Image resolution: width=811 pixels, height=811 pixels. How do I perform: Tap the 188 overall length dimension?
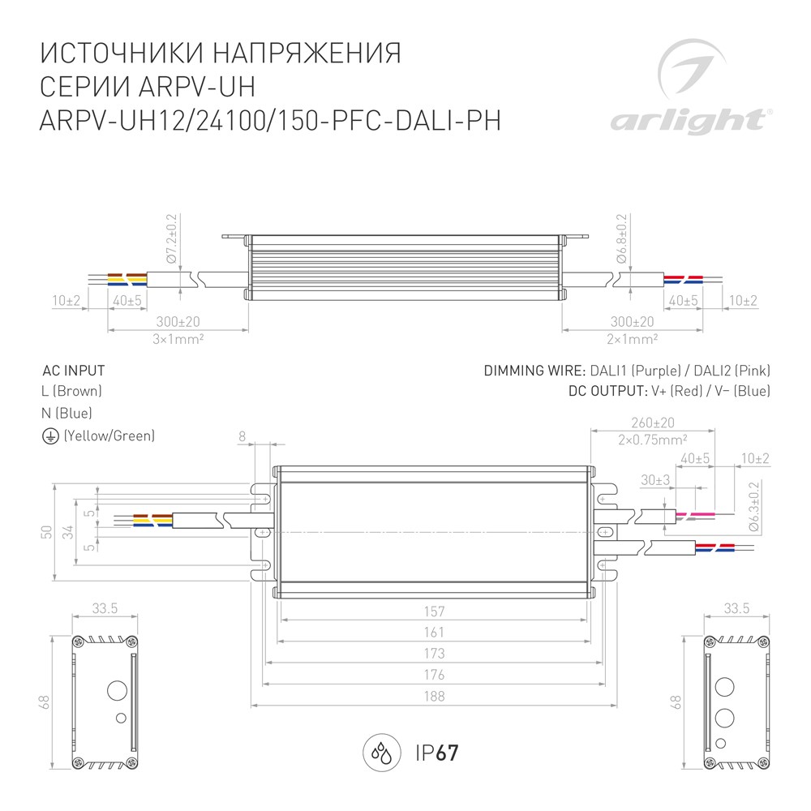434,696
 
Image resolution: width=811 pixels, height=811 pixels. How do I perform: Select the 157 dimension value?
434,611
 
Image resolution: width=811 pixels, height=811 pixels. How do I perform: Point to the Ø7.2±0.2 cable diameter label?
172,238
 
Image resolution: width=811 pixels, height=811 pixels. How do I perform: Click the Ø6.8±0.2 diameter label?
622,238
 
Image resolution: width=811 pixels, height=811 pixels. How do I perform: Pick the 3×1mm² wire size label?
178,339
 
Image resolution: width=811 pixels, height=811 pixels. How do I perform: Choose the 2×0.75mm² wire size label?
653,440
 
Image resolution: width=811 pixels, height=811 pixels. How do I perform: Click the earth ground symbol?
50,436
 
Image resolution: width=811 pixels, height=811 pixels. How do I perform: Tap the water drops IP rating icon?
382,753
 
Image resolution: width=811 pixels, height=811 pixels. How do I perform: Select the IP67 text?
437,753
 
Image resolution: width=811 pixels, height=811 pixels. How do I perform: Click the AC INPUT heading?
74,371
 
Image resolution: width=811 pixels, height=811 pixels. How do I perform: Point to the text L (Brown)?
71,391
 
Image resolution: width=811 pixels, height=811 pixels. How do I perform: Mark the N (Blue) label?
67,414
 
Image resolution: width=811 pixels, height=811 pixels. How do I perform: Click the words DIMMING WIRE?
534,371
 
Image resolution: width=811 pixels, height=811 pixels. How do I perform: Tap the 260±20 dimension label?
653,423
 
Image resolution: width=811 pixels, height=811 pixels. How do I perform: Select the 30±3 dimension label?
655,480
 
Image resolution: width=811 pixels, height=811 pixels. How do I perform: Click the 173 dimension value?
434,653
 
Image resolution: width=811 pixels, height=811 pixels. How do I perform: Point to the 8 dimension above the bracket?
242,436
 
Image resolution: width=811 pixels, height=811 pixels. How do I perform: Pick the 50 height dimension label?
46,532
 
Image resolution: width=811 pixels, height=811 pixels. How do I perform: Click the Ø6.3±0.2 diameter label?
753,506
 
